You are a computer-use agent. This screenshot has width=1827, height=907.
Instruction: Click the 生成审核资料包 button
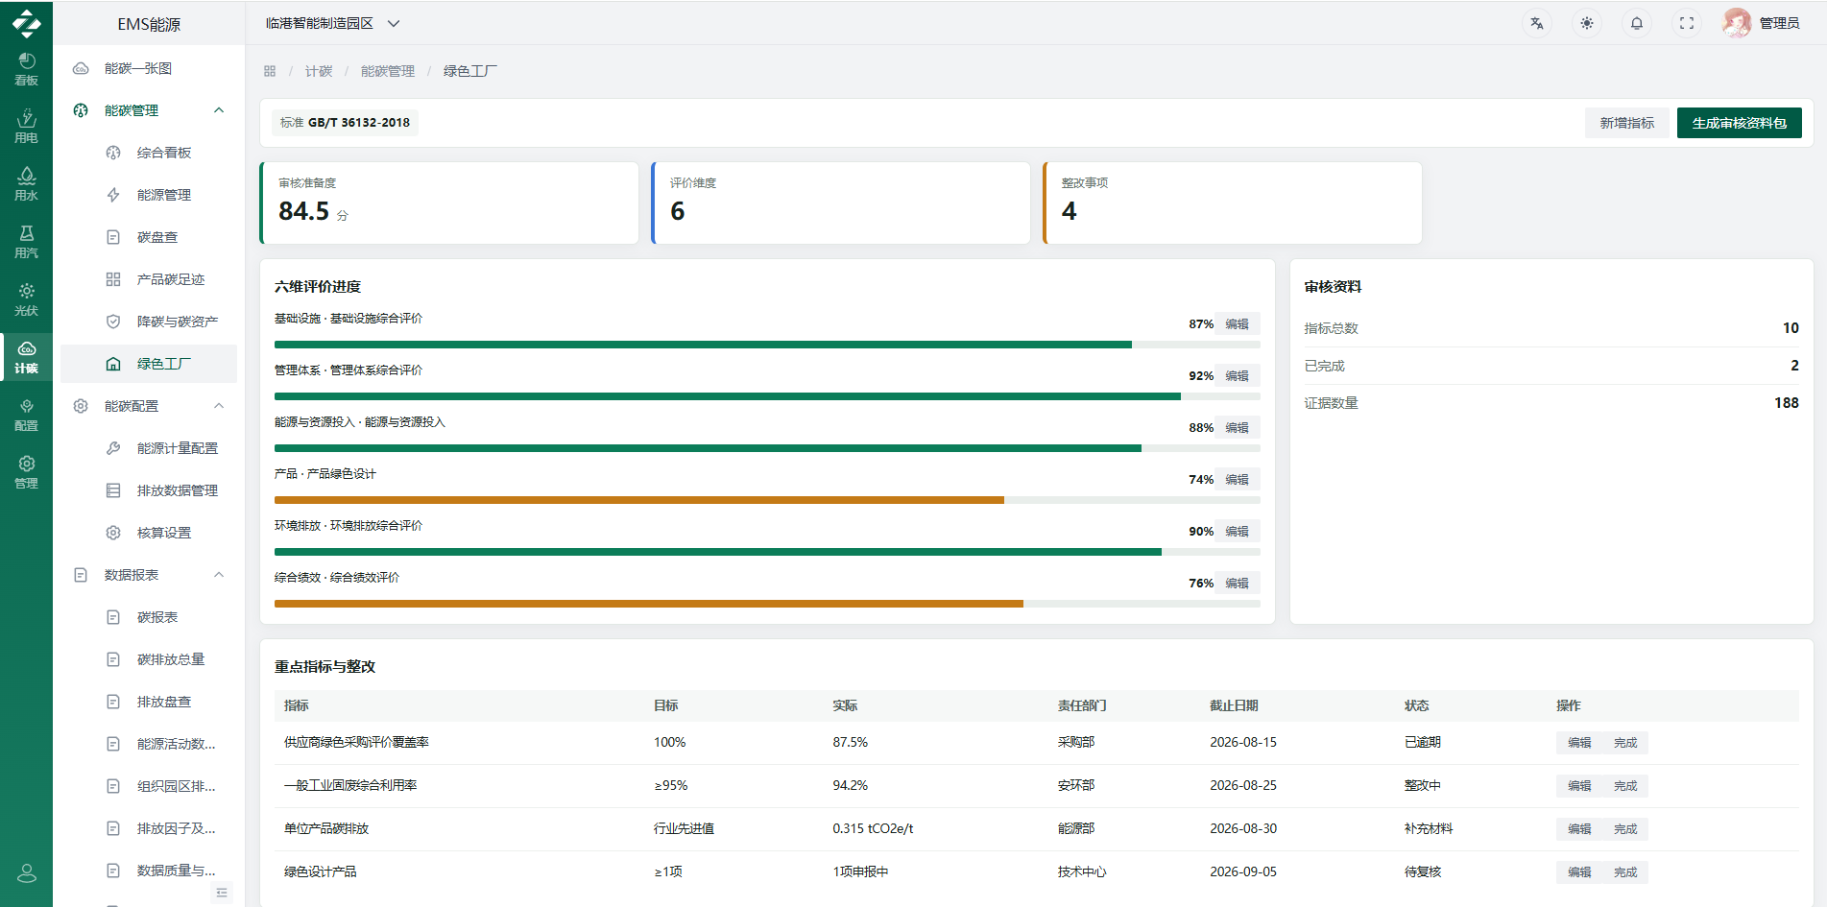coord(1739,123)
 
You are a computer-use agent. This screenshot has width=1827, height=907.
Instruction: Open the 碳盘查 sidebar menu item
coord(157,237)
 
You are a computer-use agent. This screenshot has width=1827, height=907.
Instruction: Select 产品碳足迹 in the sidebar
coord(171,279)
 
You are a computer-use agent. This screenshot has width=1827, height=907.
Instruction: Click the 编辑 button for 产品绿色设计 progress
coord(1237,480)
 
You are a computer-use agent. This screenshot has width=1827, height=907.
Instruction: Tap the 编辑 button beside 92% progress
coord(1237,376)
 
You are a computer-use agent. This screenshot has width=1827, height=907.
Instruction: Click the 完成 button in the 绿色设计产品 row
coord(1625,872)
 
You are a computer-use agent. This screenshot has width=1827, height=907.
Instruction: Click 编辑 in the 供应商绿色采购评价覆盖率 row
coord(1579,743)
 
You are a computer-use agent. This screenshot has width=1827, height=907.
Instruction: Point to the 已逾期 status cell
coord(1422,743)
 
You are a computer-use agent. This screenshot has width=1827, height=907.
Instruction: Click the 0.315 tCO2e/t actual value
coord(873,829)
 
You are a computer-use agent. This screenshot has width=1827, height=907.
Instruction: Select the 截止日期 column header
coord(1234,705)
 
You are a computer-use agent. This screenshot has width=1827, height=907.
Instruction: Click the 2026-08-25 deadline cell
coord(1243,786)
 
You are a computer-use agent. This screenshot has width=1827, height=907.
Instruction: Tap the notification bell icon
coord(1637,23)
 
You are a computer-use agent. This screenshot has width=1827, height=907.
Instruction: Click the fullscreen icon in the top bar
coord(1687,23)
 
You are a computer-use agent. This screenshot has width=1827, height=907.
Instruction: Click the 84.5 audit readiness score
coord(303,211)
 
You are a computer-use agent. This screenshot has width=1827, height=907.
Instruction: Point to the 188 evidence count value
coord(1786,403)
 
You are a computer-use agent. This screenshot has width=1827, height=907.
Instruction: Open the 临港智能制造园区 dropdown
coord(332,23)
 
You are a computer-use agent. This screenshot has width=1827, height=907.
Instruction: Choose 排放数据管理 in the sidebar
coord(177,490)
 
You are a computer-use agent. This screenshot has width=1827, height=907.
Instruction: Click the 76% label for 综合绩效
coord(1200,584)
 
